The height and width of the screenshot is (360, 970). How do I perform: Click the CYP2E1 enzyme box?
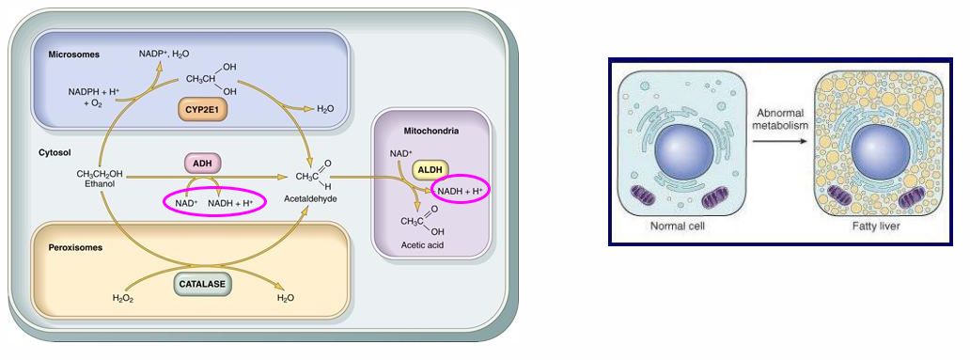pyautogui.click(x=203, y=110)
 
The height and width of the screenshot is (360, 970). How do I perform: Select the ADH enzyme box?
pyautogui.click(x=201, y=163)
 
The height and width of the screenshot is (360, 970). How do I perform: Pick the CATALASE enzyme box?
pyautogui.click(x=202, y=281)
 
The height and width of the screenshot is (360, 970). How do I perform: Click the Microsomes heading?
pyautogui.click(x=73, y=56)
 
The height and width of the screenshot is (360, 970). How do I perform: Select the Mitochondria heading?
pyautogui.click(x=432, y=132)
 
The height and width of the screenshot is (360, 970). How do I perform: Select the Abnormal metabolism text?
pyautogui.click(x=776, y=116)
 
